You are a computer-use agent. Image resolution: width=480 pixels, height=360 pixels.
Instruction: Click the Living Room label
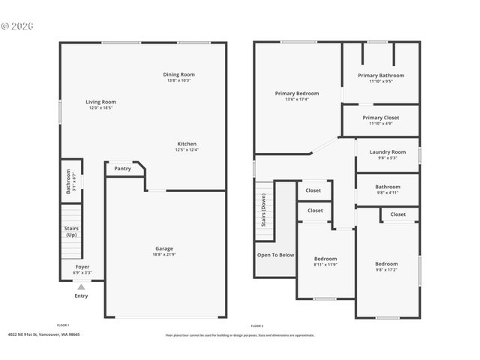(100, 102)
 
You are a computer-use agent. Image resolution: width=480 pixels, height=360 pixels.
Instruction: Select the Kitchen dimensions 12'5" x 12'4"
(187, 150)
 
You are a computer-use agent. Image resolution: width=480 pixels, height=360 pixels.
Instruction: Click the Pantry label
(122, 169)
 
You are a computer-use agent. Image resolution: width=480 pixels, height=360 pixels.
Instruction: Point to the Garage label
(164, 249)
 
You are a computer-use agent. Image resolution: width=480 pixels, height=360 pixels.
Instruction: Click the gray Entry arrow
(81, 286)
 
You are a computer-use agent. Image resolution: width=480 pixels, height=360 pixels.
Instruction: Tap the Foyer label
(82, 266)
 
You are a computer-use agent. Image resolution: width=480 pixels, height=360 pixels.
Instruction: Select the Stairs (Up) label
(71, 232)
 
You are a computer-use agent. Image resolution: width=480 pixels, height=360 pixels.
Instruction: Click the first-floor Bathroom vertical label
(68, 181)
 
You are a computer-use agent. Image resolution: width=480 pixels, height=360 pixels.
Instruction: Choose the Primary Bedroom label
(296, 94)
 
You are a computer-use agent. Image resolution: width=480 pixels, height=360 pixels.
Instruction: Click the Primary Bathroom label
(380, 76)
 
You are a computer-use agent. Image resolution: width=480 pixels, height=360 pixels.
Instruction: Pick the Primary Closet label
(380, 118)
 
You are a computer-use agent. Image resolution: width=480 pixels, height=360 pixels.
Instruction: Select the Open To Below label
(275, 255)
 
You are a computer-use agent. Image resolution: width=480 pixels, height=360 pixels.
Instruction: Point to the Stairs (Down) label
(263, 211)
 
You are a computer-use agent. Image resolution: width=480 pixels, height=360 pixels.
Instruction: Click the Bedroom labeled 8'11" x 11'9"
(325, 259)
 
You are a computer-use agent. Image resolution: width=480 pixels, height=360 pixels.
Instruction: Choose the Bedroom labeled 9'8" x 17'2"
(386, 264)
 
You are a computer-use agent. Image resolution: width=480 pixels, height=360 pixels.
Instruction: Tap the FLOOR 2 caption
(256, 325)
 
